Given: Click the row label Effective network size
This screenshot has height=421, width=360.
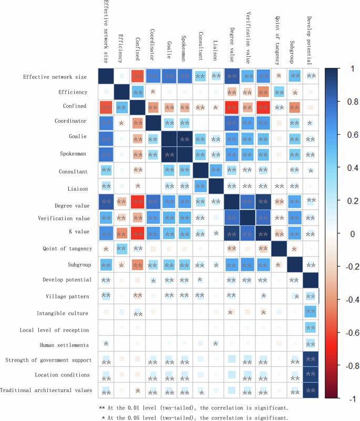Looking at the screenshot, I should tap(56, 77).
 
